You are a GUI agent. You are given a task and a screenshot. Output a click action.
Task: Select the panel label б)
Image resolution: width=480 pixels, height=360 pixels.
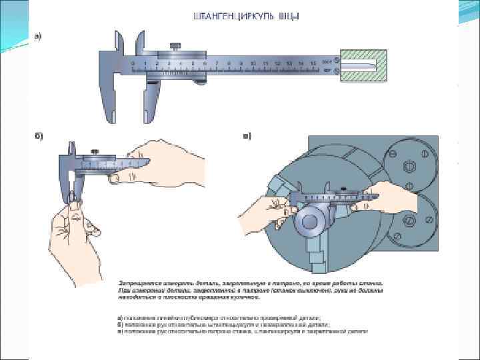[x=39, y=136]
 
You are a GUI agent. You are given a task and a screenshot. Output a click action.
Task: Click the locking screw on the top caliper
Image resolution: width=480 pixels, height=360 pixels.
[x=175, y=47]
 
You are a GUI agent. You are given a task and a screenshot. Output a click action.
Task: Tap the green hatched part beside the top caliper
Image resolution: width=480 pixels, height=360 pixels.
[x=363, y=65]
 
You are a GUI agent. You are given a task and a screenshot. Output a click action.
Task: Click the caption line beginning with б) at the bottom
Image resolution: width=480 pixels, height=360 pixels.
[x=220, y=325]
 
